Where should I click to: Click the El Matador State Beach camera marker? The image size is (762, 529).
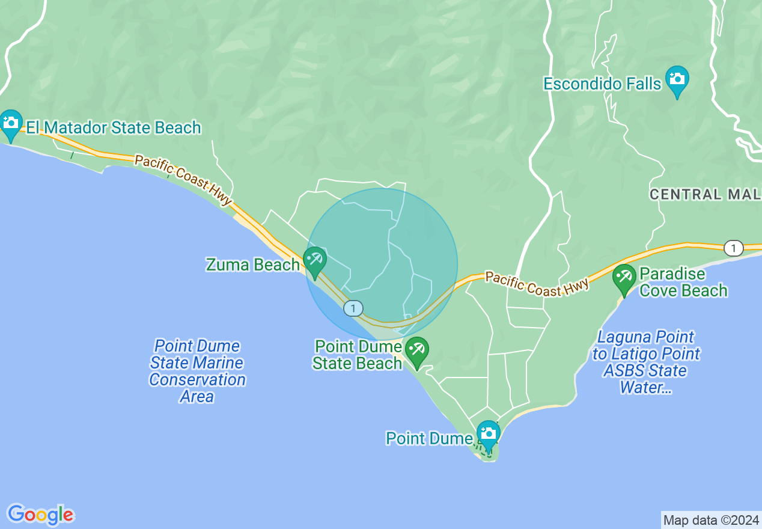(11, 123)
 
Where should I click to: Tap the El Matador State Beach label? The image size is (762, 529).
(114, 127)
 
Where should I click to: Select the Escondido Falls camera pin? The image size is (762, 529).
(677, 80)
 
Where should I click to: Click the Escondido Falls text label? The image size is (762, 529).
(602, 84)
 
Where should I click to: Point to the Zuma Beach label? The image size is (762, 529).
(252, 264)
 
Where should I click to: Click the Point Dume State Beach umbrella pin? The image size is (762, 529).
(416, 350)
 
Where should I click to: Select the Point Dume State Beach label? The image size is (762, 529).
(358, 355)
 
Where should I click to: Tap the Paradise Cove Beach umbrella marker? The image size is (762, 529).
(624, 278)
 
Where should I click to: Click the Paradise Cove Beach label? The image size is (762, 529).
(683, 283)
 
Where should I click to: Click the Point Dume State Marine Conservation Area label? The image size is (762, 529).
(197, 371)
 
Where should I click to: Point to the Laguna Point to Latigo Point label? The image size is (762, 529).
(646, 362)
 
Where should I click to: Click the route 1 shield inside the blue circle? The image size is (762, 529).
(353, 308)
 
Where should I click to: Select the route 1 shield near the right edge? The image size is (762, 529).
(733, 248)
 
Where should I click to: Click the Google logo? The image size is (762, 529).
(41, 515)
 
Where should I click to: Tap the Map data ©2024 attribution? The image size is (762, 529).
(711, 520)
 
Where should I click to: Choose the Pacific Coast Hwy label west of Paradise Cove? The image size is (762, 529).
(537, 284)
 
